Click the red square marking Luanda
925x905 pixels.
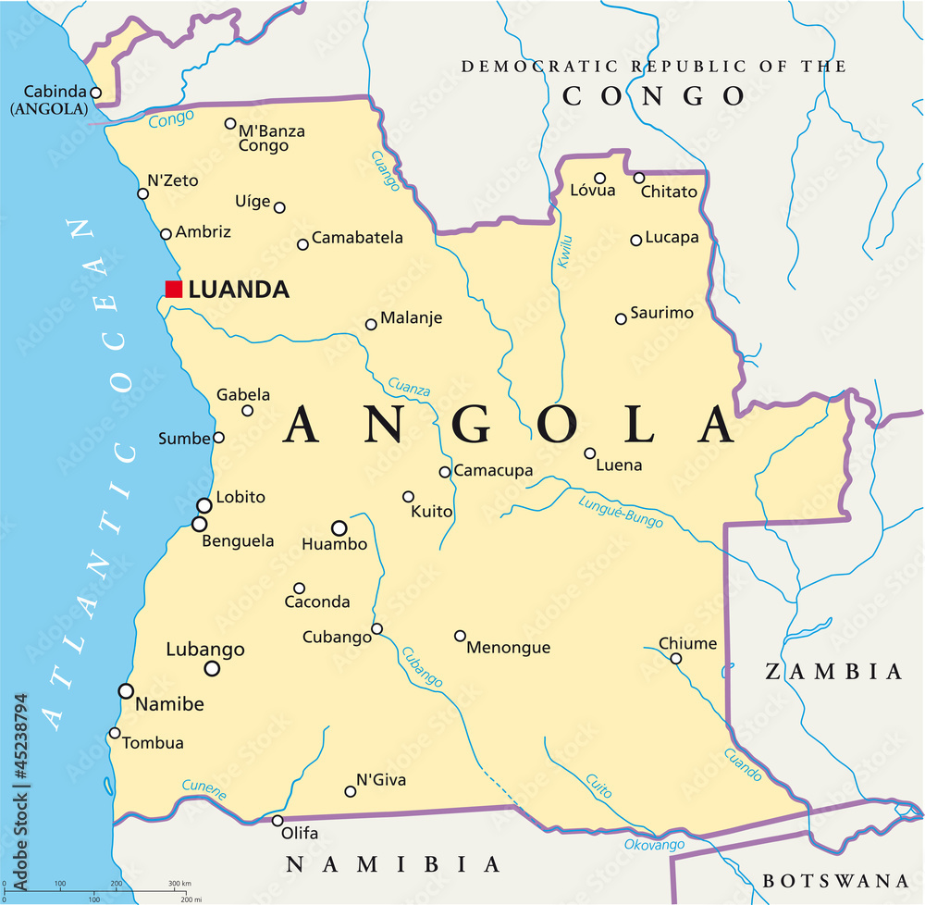tap(173, 289)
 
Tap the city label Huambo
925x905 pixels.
tap(334, 545)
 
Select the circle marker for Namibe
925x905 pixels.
tap(126, 690)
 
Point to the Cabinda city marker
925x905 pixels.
tap(95, 93)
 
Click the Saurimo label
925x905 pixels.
tap(661, 313)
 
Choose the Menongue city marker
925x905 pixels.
tap(460, 636)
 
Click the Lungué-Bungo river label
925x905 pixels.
tap(621, 512)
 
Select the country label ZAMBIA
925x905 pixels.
tap(832, 672)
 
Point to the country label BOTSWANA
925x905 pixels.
tap(835, 880)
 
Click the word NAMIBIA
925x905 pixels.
tap(392, 864)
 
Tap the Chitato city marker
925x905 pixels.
tap(638, 178)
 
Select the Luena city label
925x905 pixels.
tap(619, 465)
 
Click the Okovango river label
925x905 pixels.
tap(654, 845)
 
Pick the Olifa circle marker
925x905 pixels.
tap(277, 821)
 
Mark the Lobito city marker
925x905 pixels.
tap(203, 505)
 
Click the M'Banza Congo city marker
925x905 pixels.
tap(230, 123)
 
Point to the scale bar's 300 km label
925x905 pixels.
tap(179, 884)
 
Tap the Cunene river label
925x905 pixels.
tap(204, 790)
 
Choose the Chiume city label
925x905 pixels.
tap(687, 643)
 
